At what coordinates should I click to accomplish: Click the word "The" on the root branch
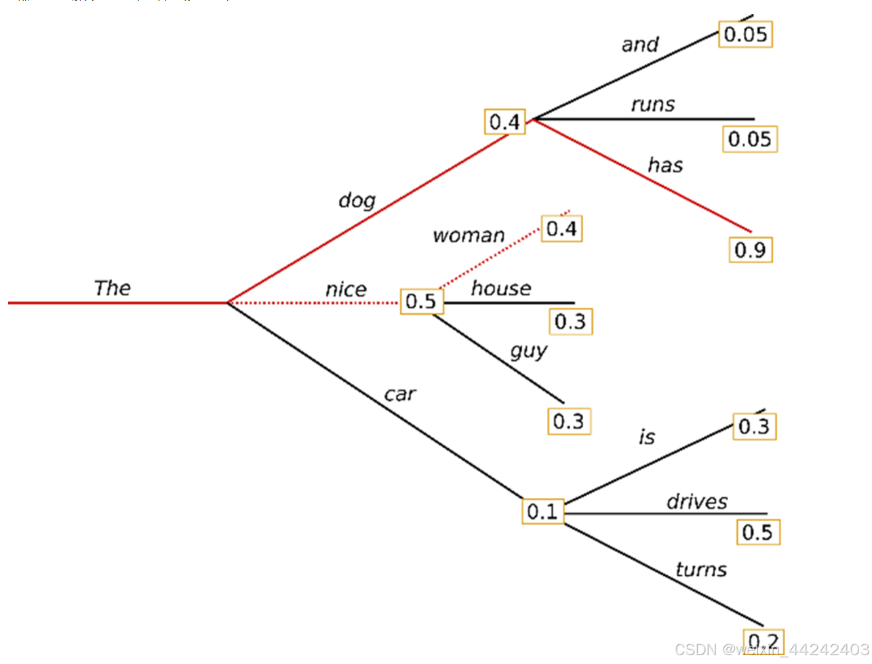112,288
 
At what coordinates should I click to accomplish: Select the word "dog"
357,200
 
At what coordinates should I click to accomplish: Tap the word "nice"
346,290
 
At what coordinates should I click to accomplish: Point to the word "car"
399,394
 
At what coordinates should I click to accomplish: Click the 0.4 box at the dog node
504,122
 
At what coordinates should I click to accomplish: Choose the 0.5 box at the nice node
421,301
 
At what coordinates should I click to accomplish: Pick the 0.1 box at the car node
542,511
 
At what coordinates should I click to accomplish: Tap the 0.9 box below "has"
750,250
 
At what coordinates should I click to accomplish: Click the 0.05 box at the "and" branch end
745,35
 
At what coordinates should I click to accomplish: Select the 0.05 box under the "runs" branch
749,140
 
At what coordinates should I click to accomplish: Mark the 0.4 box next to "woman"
561,229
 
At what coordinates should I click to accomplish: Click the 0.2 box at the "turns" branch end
764,641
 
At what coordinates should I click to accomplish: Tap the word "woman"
469,235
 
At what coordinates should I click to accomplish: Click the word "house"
501,288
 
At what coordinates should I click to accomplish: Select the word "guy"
528,351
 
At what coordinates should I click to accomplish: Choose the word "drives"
696,502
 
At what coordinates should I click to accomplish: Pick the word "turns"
700,569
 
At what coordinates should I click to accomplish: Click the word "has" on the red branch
665,165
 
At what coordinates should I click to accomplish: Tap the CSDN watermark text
772,650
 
